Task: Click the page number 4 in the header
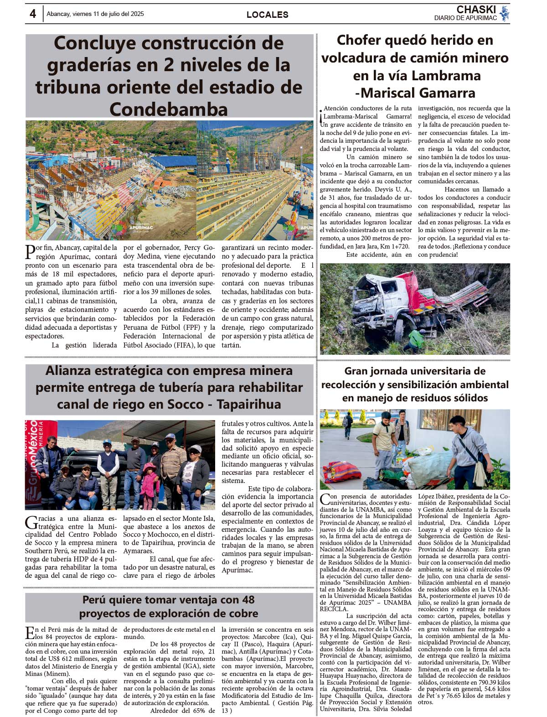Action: (x=33, y=14)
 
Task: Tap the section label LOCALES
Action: (x=267, y=15)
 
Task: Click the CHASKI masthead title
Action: (x=476, y=10)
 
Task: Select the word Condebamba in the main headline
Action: (x=169, y=109)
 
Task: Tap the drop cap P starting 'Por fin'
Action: (x=30, y=252)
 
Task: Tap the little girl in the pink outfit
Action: (x=149, y=485)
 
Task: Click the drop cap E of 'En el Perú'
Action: (x=30, y=633)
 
